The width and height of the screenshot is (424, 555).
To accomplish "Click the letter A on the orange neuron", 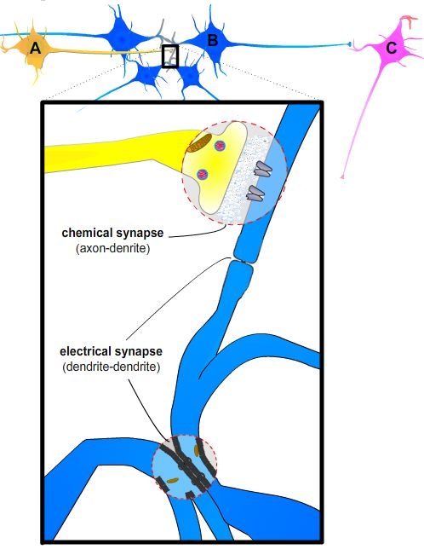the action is click(35, 48).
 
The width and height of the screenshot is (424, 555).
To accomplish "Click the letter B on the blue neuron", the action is click(212, 40).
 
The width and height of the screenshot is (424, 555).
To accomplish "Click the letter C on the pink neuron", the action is click(391, 48).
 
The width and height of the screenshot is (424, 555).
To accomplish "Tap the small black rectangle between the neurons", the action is click(170, 56).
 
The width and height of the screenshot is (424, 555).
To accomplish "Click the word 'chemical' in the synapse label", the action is click(87, 233).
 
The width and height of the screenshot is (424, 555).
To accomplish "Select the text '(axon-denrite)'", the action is click(112, 248).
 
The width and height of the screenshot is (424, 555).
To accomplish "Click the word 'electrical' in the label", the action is click(85, 351).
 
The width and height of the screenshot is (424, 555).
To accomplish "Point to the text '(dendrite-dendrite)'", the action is click(112, 367).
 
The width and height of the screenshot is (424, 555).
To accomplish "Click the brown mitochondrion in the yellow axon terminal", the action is click(199, 143).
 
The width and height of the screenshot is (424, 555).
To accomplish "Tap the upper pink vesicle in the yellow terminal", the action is click(220, 145).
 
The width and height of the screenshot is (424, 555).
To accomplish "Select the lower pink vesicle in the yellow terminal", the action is click(203, 174).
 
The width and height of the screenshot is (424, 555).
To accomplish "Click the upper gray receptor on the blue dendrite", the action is click(263, 169).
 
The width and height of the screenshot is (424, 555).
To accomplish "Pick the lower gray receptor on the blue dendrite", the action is click(255, 194).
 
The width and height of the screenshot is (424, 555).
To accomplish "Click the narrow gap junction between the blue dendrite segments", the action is click(243, 262).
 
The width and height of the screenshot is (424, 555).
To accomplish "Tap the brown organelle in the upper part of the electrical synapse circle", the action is click(197, 451).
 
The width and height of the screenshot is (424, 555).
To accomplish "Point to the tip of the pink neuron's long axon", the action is click(342, 176).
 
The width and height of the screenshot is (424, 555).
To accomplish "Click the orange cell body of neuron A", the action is click(33, 49).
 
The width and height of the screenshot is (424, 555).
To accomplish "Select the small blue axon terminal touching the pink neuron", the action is click(349, 44).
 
